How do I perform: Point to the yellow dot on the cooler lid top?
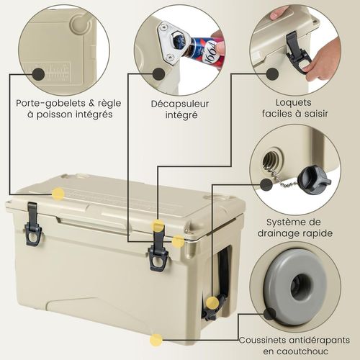coord(56,193)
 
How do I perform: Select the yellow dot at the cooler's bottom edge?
coord(156,338)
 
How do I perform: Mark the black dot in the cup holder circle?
coord(36,73)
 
